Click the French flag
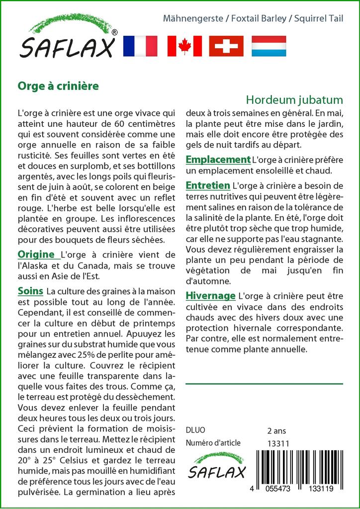pos(140,46)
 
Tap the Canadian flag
pos(184,46)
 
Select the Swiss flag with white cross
pos(226,46)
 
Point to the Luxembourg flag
pos(269,46)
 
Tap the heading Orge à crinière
pos(58,85)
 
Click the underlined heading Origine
pos(36,254)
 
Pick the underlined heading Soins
pos(30,290)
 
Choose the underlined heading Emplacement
pos(218,160)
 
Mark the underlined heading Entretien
pos(208,185)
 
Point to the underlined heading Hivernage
pos(210,296)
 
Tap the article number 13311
pos(278,443)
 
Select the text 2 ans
pos(276,430)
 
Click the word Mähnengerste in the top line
pos(193,19)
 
